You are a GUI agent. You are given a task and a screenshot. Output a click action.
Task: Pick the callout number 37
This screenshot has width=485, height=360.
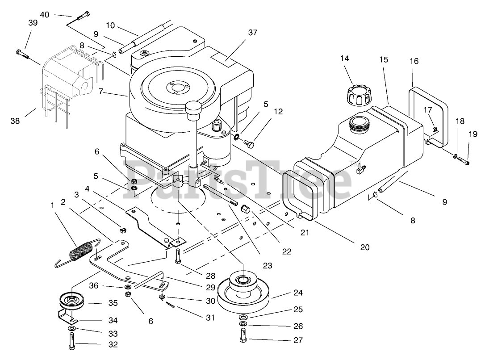tap(253, 33)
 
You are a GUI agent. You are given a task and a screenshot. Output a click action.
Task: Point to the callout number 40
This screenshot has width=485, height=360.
tap(45, 14)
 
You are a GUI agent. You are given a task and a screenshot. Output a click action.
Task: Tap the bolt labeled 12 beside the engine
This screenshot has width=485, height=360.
tap(249, 143)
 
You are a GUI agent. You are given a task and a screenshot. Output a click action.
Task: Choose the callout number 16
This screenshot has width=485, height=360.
tap(414, 61)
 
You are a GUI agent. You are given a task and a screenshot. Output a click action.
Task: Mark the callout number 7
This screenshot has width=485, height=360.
tap(101, 92)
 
